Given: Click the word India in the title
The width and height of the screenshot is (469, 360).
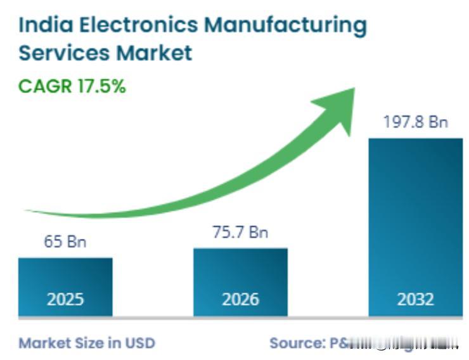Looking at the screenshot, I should (x=40, y=25).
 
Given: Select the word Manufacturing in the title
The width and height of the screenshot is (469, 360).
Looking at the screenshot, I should (x=285, y=26).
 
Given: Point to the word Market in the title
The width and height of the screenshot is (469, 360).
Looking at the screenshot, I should (x=154, y=53).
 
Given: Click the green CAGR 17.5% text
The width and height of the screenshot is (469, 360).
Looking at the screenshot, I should (x=72, y=87).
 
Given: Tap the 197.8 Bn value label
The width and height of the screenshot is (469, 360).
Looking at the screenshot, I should (x=415, y=122).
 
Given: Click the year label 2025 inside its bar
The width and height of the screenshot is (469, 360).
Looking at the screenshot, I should (x=65, y=299).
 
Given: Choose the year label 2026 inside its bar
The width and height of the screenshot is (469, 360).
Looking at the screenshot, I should (x=240, y=299).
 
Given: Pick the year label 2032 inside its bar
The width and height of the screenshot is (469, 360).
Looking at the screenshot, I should (x=415, y=299).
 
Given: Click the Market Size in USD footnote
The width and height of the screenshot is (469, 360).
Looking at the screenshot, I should (x=87, y=343).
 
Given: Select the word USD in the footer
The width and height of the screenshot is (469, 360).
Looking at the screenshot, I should (x=139, y=343).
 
